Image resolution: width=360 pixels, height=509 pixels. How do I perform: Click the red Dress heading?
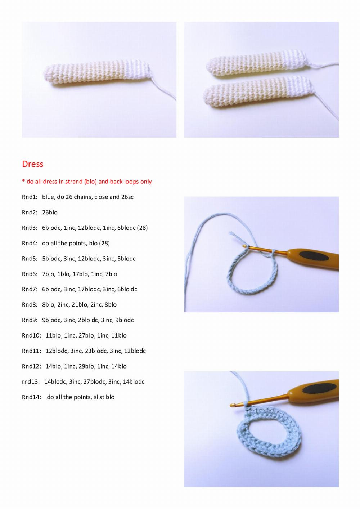click(32, 164)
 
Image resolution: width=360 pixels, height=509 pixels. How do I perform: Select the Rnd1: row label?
click(30, 197)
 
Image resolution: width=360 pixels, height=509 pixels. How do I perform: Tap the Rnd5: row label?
click(30, 259)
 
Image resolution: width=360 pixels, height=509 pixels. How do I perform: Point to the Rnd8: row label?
click(30, 305)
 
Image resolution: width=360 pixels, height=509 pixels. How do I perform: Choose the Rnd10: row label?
click(31, 335)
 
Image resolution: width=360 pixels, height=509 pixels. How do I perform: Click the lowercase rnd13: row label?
click(31, 382)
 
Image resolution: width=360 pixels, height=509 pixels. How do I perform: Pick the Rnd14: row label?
click(31, 397)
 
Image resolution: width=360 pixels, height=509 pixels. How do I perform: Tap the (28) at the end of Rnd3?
click(142, 228)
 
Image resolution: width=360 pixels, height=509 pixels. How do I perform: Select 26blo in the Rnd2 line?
click(50, 213)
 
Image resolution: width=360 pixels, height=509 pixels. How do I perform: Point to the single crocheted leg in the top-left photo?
click(97, 75)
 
